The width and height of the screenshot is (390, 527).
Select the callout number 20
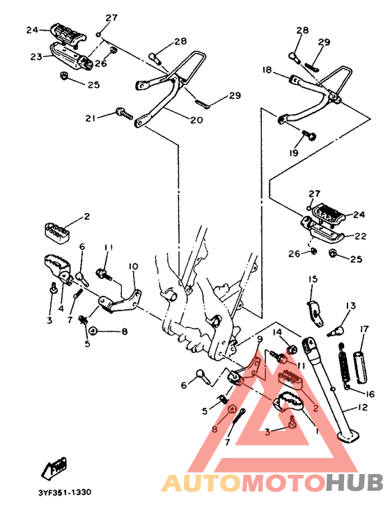click(x=196, y=120)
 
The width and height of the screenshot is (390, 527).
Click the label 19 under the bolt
click(x=295, y=152)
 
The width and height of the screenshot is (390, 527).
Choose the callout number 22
click(x=359, y=236)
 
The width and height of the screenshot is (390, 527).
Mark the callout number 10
click(x=133, y=266)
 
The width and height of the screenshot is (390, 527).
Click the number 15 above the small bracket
click(x=313, y=279)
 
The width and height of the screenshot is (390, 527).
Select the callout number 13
click(x=350, y=306)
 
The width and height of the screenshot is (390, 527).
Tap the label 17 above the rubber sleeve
click(x=364, y=329)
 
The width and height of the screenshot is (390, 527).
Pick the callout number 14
click(x=276, y=332)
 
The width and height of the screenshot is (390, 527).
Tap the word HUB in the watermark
click(x=354, y=482)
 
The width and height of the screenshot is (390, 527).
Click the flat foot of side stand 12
click(x=346, y=437)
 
